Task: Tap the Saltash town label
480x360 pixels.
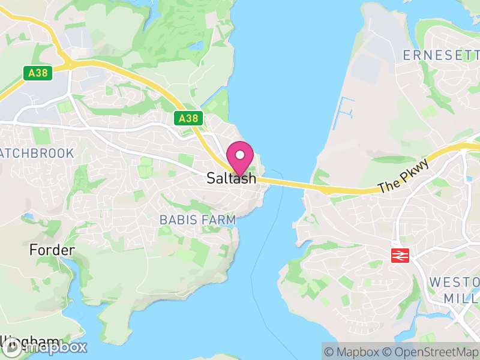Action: (231, 178)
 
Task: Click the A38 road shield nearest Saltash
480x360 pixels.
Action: (188, 118)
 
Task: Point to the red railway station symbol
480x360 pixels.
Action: (400, 255)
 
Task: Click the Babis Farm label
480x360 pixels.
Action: (197, 220)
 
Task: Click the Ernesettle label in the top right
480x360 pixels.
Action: (441, 55)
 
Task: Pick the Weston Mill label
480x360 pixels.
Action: (454, 289)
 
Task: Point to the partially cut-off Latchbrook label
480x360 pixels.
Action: (37, 153)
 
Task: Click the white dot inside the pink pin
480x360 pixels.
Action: (240, 154)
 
